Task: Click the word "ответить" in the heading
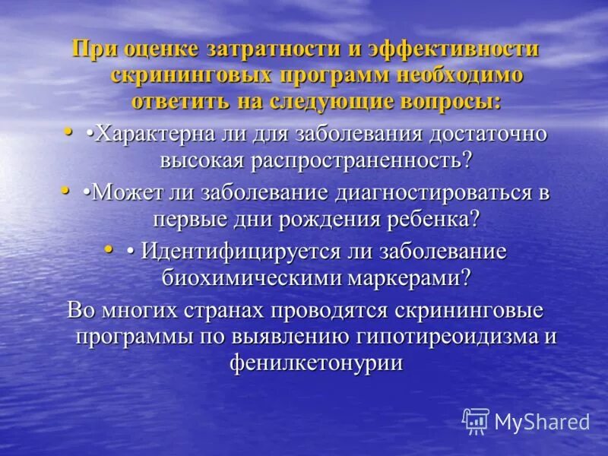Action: (x=181, y=101)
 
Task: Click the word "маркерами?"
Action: (x=411, y=277)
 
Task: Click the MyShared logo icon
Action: (x=476, y=421)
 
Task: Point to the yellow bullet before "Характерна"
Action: (x=68, y=131)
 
